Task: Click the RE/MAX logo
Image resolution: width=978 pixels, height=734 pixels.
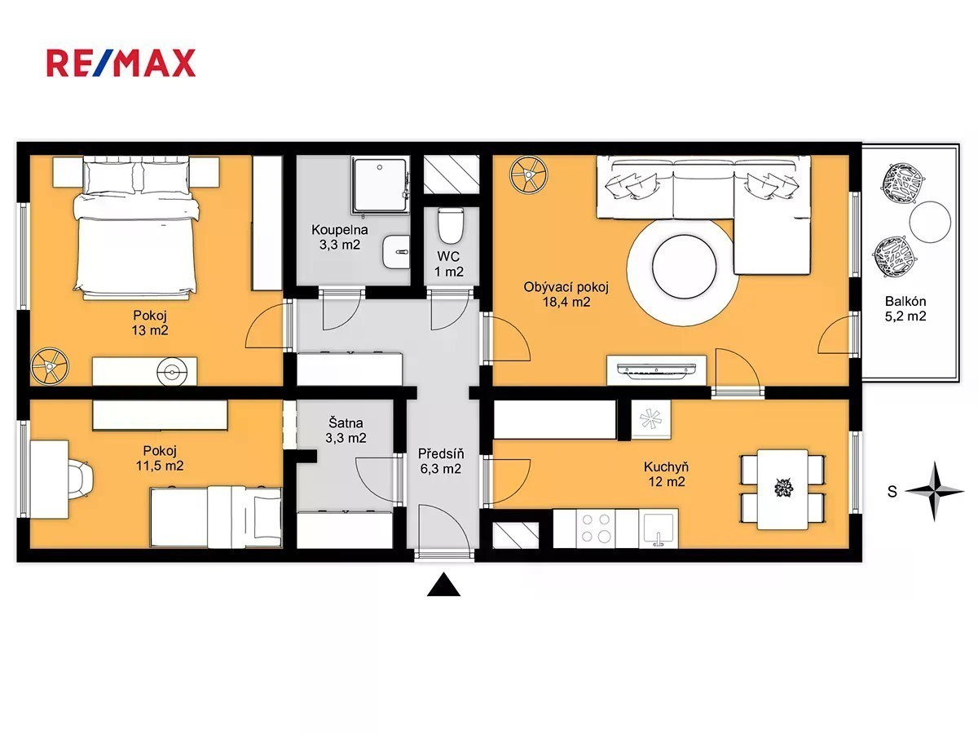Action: (121, 63)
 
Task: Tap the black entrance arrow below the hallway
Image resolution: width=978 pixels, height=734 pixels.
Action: (443, 585)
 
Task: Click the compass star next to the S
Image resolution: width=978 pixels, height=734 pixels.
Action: (934, 491)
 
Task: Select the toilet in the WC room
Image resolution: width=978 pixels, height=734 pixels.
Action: (451, 226)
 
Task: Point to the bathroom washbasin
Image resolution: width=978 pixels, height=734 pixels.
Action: (395, 252)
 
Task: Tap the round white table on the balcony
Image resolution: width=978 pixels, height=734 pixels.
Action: (930, 223)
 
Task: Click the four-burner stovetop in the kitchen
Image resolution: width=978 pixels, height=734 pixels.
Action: (595, 528)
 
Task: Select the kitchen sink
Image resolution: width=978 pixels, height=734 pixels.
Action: (658, 528)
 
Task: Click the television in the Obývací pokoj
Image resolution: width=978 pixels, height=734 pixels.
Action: (656, 369)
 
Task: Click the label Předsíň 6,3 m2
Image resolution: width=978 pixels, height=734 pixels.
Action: (441, 462)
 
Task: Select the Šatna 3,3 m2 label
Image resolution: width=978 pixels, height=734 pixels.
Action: (346, 430)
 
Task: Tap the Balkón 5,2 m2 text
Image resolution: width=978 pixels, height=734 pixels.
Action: (905, 309)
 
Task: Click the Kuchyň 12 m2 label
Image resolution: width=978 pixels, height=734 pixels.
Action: (666, 474)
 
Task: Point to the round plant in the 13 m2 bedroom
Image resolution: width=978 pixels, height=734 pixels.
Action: (50, 366)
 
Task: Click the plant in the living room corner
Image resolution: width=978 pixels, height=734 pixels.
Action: (529, 175)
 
